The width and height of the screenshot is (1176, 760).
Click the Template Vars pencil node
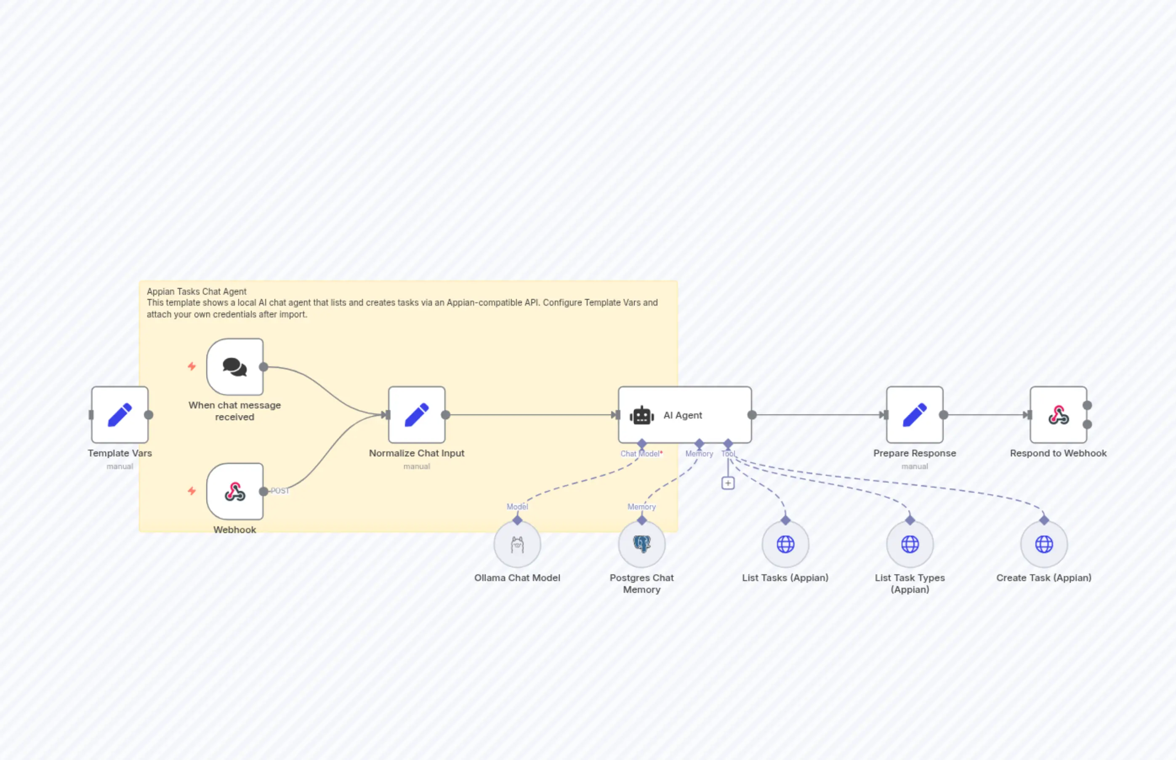click(120, 415)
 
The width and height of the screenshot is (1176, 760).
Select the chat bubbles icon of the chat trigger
click(235, 367)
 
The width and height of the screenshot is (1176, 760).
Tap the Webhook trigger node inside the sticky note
click(235, 491)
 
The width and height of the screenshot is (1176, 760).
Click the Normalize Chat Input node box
click(417, 415)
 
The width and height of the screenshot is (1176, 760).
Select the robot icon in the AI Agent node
click(642, 416)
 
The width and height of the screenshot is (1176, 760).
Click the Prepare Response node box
click(915, 415)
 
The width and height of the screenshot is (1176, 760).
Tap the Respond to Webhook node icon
click(1058, 415)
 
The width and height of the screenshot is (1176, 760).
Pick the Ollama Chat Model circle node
click(517, 544)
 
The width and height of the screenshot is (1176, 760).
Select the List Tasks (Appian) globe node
click(785, 544)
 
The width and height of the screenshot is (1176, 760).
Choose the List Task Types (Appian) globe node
click(910, 544)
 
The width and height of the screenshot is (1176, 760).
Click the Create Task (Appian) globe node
click(1044, 544)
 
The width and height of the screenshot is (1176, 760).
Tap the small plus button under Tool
click(728, 483)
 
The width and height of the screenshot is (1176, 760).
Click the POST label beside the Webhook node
click(280, 491)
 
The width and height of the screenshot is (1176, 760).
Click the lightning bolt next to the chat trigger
click(192, 366)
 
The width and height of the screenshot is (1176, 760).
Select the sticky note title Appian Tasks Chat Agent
click(196, 292)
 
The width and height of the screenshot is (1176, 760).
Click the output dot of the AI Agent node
click(752, 415)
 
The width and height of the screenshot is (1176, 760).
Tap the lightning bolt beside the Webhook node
click(192, 491)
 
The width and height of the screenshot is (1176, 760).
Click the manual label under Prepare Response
click(915, 467)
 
